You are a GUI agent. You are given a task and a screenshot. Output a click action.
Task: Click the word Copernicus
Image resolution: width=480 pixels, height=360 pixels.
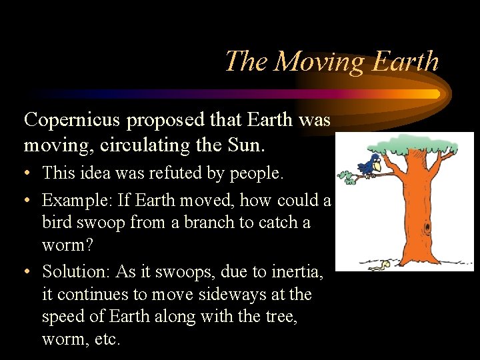(71, 120)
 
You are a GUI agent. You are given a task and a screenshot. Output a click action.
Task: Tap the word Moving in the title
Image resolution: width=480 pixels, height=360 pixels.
(319, 61)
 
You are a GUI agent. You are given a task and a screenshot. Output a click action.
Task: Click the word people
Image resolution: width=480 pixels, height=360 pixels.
(256, 174)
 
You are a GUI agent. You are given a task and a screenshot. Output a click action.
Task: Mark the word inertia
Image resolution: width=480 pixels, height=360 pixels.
(293, 271)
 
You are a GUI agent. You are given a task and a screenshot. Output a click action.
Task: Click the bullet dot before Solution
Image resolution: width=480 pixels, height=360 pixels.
(28, 272)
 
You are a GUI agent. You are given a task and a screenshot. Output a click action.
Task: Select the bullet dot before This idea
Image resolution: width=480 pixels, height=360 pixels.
(28, 174)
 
